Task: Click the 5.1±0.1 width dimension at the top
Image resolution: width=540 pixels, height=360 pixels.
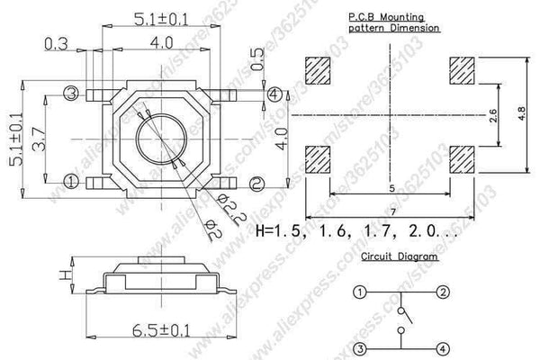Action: tap(159, 15)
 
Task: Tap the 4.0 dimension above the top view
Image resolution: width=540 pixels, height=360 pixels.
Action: tap(162, 42)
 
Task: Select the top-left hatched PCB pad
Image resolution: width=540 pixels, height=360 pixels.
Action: tap(319, 69)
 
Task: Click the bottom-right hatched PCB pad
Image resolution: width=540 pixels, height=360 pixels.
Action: tap(463, 158)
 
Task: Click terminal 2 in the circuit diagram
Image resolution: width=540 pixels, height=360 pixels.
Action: tap(443, 292)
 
